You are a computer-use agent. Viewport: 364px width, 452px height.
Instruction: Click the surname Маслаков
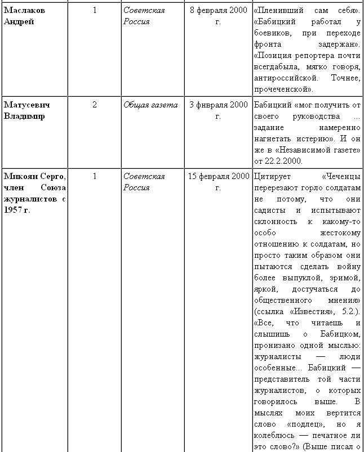point(24,10)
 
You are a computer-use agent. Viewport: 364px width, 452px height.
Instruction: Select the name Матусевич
point(25,105)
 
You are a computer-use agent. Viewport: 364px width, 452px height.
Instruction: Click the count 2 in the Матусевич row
point(95,105)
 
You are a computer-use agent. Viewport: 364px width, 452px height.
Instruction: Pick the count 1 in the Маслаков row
point(95,10)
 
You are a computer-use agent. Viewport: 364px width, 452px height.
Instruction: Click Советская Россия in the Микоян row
point(144,182)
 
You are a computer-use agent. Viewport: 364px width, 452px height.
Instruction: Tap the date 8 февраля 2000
point(218,10)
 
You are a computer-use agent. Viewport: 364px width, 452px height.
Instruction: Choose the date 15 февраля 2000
point(218,176)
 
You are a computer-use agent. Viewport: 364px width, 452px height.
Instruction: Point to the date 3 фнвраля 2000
point(218,105)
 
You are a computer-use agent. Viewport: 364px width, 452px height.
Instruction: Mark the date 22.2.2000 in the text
point(282,161)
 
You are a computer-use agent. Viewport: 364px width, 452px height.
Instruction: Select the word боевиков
point(272,33)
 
